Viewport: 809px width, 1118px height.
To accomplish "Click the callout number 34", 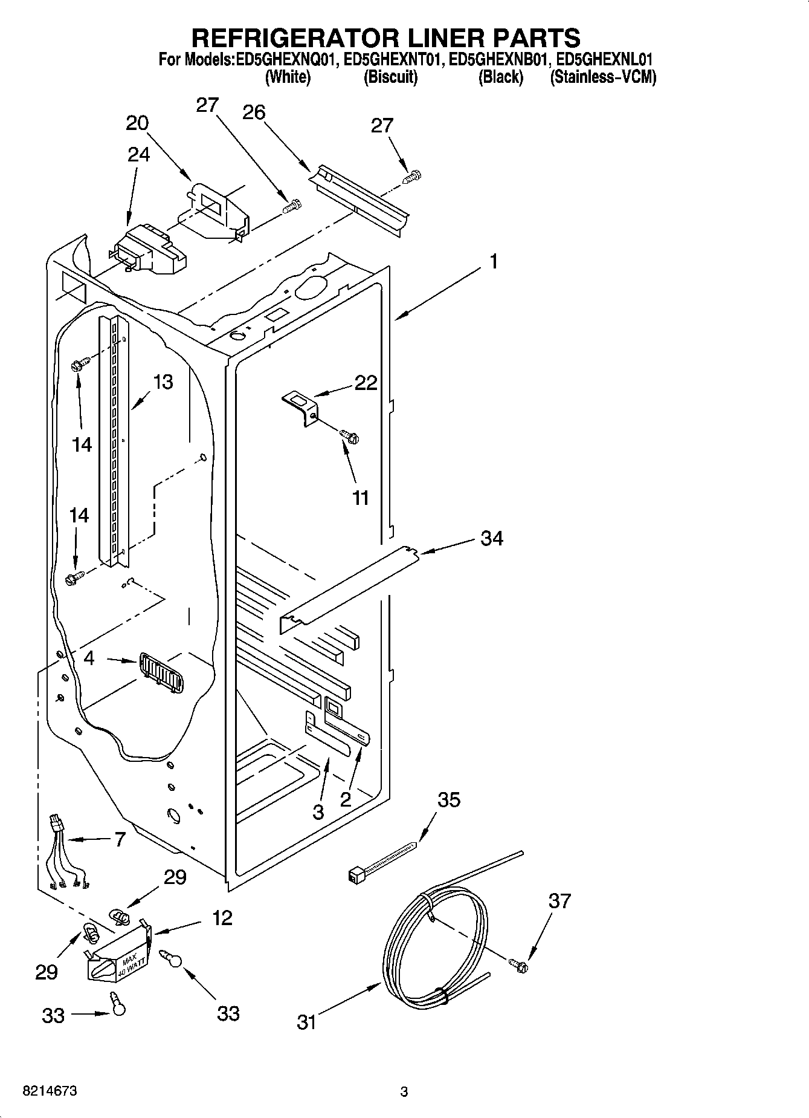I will coord(491,538).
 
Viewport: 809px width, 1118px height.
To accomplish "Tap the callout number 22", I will coord(366,383).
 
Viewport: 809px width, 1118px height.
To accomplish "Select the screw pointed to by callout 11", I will coord(349,434).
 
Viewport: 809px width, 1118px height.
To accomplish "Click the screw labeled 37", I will coord(518,965).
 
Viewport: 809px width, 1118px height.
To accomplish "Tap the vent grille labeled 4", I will coord(161,673).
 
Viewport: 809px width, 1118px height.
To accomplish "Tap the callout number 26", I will coord(254,112).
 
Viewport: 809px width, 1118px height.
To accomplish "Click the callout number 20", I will coord(137,123).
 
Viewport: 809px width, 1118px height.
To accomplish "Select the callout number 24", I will coord(138,155).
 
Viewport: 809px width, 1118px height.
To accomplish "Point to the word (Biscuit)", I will coord(390,77).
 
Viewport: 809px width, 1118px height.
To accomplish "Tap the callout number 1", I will coord(494,262).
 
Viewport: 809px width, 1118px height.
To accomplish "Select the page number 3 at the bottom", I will coord(404,1092).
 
